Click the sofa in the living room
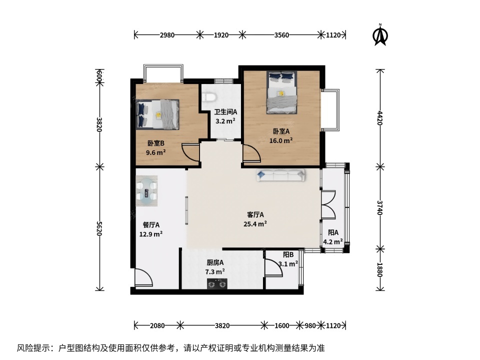280,175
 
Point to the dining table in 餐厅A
147,191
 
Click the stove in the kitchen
217,284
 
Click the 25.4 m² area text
255,223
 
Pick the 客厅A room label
255,215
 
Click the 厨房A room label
215,262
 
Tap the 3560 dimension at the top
281,35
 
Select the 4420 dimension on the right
379,118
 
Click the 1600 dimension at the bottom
281,325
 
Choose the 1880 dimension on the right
379,269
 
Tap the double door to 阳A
328,205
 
